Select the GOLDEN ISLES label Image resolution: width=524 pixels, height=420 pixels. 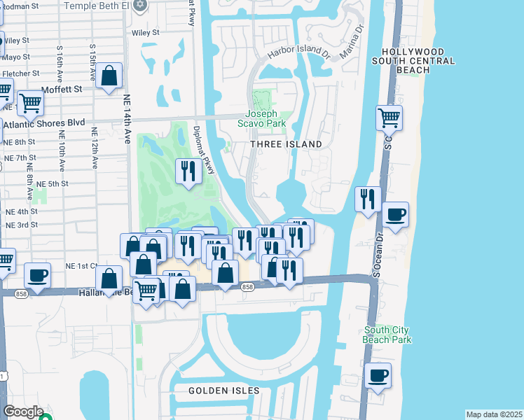click(224, 391)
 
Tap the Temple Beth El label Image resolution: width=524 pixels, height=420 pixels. click(107, 6)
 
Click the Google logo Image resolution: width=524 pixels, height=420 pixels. click(23, 412)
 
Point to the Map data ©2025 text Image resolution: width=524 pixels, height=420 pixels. click(493, 414)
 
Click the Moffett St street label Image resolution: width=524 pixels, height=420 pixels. click(62, 89)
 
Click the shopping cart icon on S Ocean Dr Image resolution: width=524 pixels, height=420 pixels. click(389, 118)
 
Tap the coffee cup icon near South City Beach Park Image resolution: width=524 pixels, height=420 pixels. click(378, 375)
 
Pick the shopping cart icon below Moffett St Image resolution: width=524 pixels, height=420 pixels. click(29, 104)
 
